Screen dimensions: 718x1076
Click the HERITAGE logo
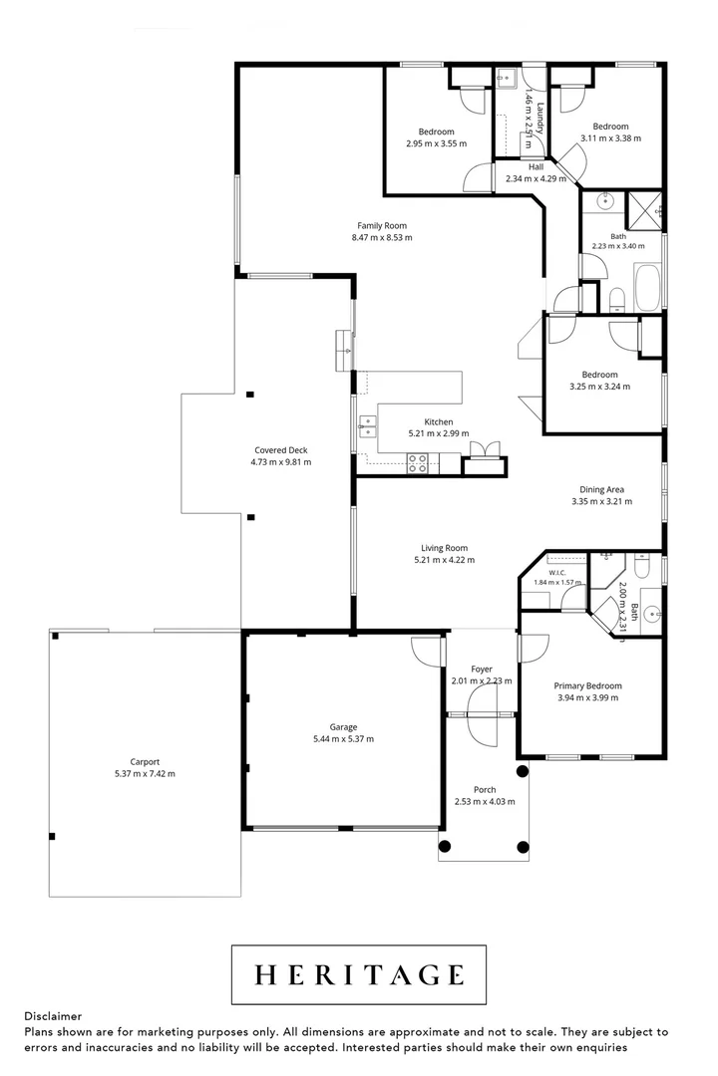point(358,974)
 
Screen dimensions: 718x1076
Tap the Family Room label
point(382,226)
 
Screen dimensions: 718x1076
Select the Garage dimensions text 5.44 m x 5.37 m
point(343,739)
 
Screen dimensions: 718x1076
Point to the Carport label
point(145,762)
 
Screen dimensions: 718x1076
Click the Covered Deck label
point(281,450)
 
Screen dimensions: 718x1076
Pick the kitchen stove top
point(417,464)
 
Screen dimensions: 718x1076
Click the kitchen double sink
point(367,426)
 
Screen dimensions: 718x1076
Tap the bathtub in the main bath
point(648,288)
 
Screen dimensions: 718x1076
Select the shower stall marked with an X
point(644,210)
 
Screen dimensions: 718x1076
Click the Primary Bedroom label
point(588,685)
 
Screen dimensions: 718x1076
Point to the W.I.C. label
point(557,573)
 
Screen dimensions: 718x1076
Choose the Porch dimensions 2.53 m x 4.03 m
point(485,801)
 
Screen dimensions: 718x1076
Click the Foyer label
point(482,670)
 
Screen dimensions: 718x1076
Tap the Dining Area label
point(602,489)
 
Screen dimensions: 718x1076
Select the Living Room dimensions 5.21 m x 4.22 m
point(445,560)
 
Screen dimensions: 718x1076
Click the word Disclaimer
point(53,1016)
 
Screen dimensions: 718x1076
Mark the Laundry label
point(540,118)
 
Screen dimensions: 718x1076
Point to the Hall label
point(536,166)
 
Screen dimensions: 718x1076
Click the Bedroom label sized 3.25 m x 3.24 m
point(599,375)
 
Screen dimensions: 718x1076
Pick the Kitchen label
point(439,422)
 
